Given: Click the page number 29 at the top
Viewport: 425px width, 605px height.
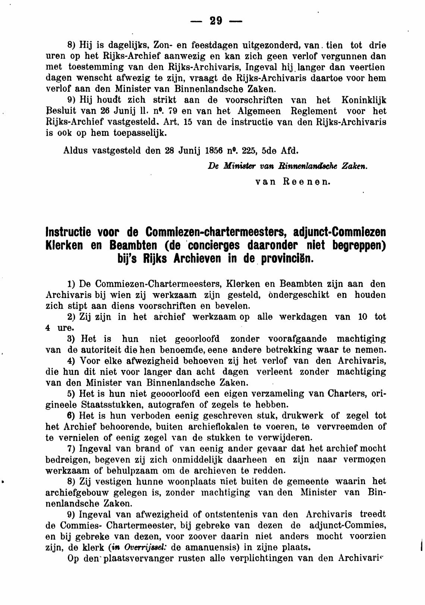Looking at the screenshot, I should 216,21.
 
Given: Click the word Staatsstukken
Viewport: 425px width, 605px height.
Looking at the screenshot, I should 111,404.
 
